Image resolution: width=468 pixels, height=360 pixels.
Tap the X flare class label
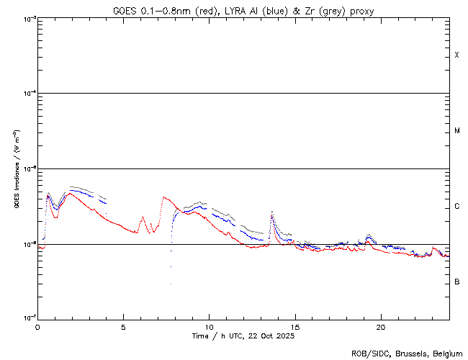(x=456, y=55)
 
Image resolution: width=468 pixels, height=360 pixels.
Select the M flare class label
(x=456, y=131)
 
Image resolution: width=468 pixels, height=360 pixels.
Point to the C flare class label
(x=456, y=207)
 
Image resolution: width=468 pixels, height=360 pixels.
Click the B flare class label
(x=456, y=282)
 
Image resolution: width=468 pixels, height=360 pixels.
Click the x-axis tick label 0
(x=37, y=327)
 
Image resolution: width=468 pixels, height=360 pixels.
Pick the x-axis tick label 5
(x=123, y=327)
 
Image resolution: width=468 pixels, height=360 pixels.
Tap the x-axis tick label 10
(x=209, y=327)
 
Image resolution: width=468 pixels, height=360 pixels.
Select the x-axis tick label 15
(x=294, y=327)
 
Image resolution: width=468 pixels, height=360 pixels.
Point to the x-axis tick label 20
(x=380, y=327)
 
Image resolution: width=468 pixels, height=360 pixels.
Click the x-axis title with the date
(x=243, y=336)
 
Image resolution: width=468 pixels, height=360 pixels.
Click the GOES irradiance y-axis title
(x=16, y=168)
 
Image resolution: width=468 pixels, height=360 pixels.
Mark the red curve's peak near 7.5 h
(x=164, y=197)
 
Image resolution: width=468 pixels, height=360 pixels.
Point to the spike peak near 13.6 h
(x=271, y=212)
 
